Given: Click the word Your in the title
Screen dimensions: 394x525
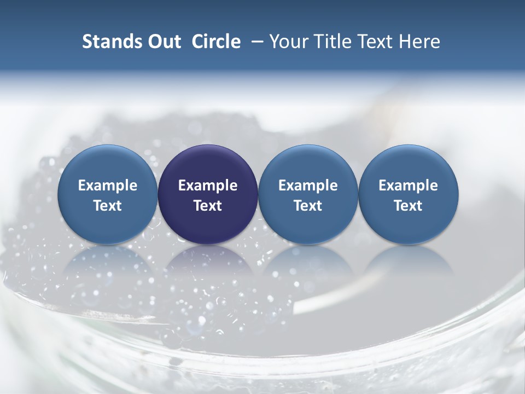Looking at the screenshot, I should pyautogui.click(x=289, y=42).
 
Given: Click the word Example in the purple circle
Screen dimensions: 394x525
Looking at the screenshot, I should pyautogui.click(x=208, y=186).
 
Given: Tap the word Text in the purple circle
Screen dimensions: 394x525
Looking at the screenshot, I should pyautogui.click(x=208, y=206).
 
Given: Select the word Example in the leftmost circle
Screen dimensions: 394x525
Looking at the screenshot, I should pyautogui.click(x=107, y=186).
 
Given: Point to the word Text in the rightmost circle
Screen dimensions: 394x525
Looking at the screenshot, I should pyautogui.click(x=409, y=206).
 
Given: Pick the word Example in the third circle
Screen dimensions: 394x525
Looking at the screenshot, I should pyautogui.click(x=308, y=186).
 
